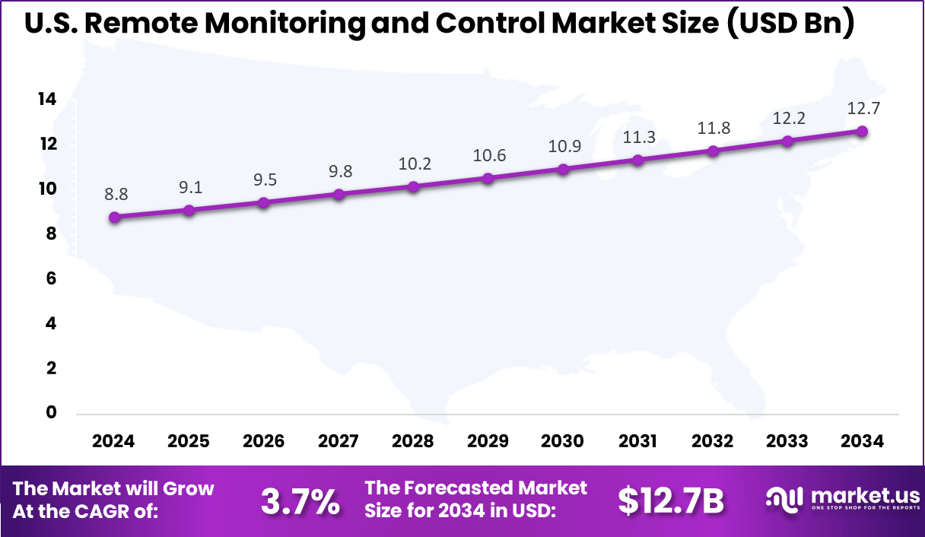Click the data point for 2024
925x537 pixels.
coord(114,218)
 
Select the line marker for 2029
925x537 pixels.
coord(488,179)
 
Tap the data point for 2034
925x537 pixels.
coord(862,131)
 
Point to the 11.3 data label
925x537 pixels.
coord(639,137)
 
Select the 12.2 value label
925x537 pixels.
coord(788,118)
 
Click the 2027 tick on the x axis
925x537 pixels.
coord(339,442)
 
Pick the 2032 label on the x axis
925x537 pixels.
coord(713,442)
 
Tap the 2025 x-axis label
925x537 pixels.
coord(189,442)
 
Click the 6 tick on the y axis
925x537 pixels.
coord(50,279)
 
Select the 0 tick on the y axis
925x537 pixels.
coord(50,413)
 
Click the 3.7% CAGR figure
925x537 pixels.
coord(300,501)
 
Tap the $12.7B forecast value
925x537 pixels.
coord(670,500)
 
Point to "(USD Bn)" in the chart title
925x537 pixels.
coord(789,24)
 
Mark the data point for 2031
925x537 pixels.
coord(638,160)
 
